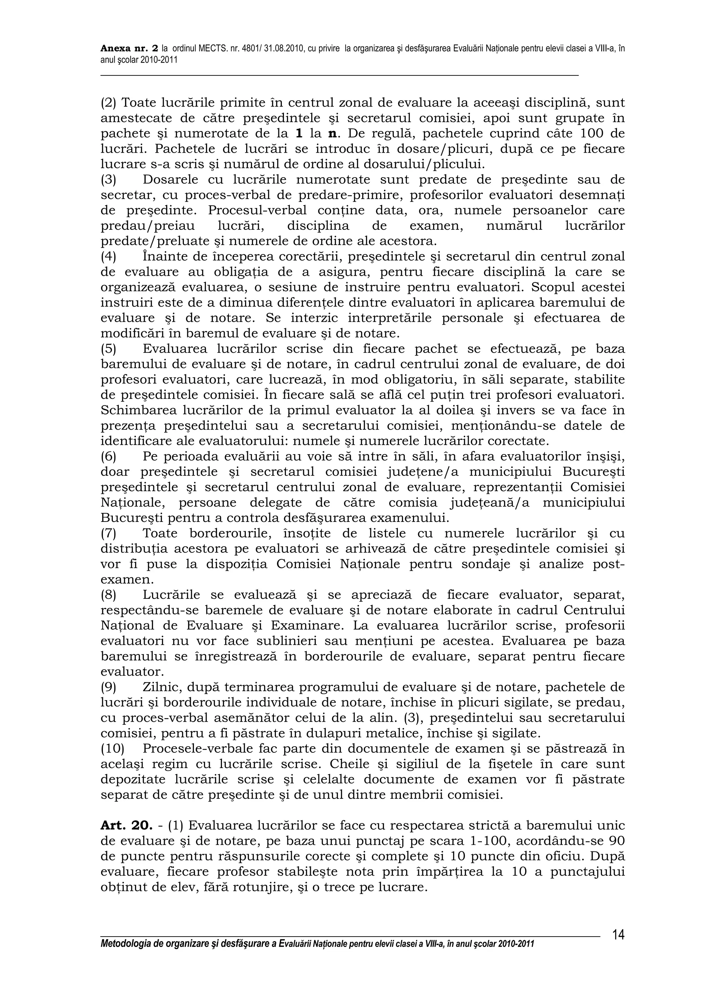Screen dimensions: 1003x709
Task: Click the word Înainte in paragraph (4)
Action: tap(164, 257)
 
